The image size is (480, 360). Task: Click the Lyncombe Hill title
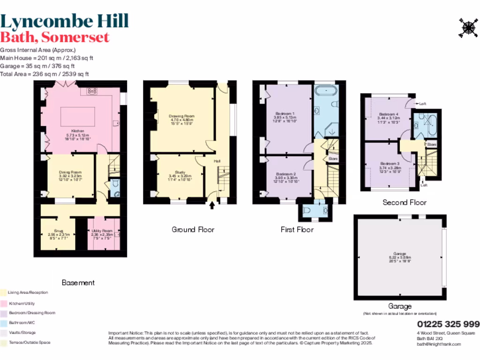[64, 21]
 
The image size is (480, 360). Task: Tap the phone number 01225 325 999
[448, 324]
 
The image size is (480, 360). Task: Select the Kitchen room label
[78, 131]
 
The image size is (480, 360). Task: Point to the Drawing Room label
[181, 116]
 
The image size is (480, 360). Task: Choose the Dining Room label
[70, 172]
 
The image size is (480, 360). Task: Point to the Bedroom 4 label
[389, 114]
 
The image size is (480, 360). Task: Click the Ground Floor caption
[193, 230]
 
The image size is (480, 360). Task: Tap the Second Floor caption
[405, 202]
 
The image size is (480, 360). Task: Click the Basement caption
[78, 283]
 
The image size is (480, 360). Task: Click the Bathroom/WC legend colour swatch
[3, 323]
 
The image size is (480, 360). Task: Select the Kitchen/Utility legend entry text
[22, 303]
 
